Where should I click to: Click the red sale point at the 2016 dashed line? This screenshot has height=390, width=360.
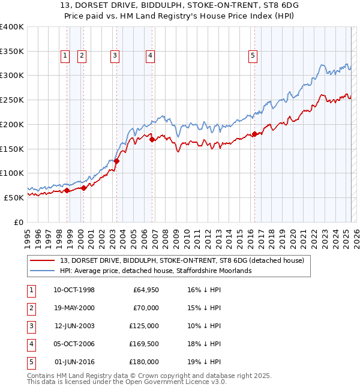click(254, 134)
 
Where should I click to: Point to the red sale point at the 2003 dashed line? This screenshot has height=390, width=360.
click(117, 161)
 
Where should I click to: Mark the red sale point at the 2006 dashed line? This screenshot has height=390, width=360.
click(152, 139)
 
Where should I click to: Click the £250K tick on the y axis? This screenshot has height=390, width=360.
click(12, 100)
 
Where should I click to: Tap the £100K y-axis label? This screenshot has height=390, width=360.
click(12, 173)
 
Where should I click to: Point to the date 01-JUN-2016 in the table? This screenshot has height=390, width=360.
click(74, 362)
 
